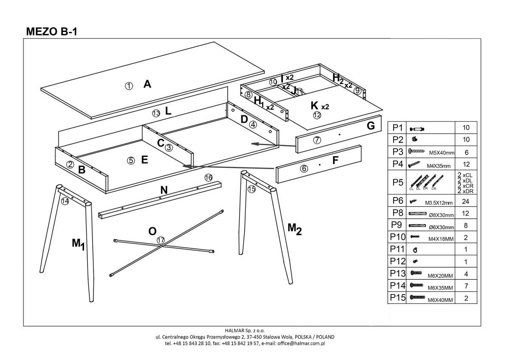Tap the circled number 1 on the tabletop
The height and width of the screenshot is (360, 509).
tap(129, 86)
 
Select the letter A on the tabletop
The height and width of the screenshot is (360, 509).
tap(147, 84)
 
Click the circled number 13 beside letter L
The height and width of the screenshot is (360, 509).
tap(156, 113)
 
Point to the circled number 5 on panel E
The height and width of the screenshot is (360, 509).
tap(131, 160)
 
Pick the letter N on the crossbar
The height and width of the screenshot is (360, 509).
tap(164, 191)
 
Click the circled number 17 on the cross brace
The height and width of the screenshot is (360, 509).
tap(160, 240)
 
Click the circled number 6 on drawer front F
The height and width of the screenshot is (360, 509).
tap(304, 168)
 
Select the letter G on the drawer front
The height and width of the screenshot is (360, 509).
tap(370, 126)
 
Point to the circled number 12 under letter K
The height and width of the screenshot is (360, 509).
tap(317, 115)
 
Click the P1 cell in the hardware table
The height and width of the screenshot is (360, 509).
tap(397, 127)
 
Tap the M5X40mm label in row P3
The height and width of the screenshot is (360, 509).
tap(442, 153)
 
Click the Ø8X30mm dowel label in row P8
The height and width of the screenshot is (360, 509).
tap(442, 215)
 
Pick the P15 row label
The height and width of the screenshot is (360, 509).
tap(397, 298)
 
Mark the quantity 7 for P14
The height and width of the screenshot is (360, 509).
tap(466, 286)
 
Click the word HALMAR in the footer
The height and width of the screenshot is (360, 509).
tap(234, 330)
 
